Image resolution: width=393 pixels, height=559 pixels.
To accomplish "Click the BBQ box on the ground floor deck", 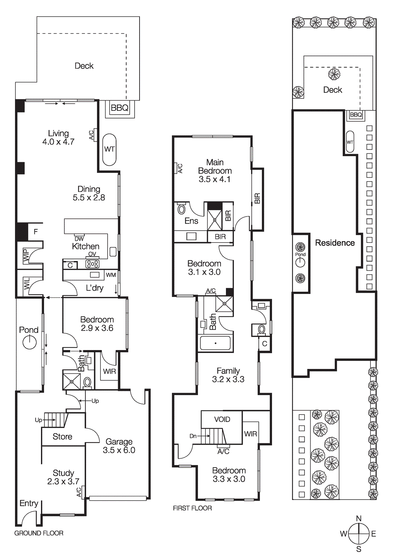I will [x=120, y=108].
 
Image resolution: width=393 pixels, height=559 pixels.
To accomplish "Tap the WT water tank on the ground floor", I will [x=109, y=149].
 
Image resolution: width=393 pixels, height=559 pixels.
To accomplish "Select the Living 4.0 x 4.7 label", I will [x=58, y=138].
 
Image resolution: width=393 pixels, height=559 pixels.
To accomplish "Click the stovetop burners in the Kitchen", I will [x=93, y=264].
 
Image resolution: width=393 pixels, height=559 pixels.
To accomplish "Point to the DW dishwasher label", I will [x=79, y=239].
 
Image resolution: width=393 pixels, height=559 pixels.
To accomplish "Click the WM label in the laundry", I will [x=111, y=275].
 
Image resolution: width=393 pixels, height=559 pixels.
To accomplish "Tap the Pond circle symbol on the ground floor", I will [x=29, y=342].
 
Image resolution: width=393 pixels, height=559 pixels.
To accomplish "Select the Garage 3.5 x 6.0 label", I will [x=119, y=446].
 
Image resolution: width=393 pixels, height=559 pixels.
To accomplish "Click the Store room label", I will [x=62, y=436].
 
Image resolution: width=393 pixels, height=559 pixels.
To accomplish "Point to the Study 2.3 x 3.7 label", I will [x=63, y=477].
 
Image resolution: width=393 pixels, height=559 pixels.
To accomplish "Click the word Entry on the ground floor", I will [x=29, y=503].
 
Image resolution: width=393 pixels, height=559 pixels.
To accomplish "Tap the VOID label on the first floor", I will [x=222, y=419].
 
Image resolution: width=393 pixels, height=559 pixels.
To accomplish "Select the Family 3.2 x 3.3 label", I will [x=228, y=375].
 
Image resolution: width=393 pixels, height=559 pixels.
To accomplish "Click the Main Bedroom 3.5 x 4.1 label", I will [x=215, y=171].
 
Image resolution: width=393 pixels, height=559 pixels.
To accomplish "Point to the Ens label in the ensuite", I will [x=191, y=221].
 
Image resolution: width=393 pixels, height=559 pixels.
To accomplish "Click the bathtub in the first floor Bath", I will [x=215, y=343].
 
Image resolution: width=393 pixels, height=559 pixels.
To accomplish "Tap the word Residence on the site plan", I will [x=335, y=243].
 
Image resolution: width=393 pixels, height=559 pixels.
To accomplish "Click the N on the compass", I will [x=359, y=518].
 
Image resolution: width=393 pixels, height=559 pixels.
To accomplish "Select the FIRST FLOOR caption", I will [x=192, y=508].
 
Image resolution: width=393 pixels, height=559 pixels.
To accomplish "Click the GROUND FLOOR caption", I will [x=39, y=533].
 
